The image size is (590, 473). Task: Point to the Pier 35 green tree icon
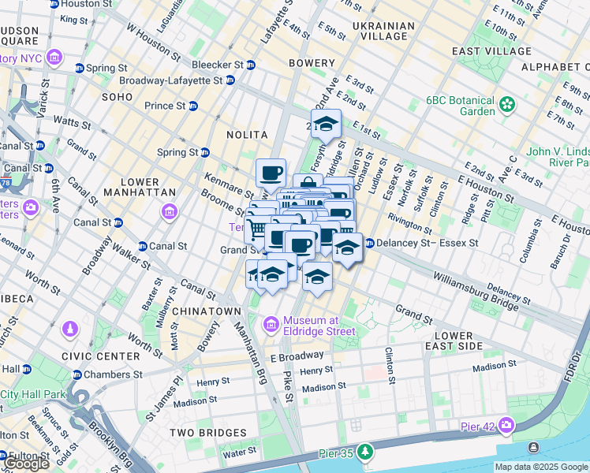coord(364,452)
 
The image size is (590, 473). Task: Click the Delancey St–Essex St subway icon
coord(368,243)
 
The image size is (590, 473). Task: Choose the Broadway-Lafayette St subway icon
coord(230,80)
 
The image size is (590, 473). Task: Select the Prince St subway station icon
coord(192,106)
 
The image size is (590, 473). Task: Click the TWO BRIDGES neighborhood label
coord(209,433)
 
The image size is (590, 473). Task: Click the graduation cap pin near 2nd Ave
coord(325,125)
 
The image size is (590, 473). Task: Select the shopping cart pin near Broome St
coord(256,229)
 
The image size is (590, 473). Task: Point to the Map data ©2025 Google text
coord(540,467)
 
